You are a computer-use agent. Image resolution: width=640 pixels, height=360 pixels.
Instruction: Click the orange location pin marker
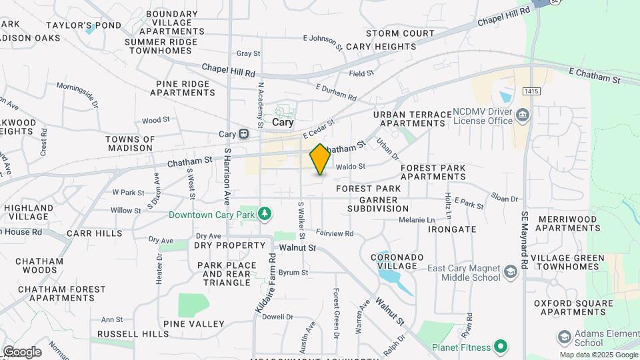pos(320,159)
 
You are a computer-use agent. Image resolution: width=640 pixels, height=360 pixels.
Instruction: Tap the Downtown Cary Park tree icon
pos(265,213)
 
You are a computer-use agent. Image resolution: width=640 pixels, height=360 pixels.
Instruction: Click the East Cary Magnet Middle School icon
pos(511,271)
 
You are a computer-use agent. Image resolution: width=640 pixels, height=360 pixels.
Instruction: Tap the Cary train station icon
pos(244,133)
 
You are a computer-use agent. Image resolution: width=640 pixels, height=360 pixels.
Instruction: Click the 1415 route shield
pos(531,90)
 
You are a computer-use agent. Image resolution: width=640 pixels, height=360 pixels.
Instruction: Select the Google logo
pos(22,352)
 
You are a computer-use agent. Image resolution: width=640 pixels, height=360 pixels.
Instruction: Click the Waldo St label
pos(351,167)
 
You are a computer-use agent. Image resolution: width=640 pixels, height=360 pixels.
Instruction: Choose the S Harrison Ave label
pos(227,176)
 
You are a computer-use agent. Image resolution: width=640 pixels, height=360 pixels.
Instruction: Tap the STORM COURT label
pos(400,33)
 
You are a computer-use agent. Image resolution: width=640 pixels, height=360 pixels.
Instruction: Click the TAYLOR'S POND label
pos(83,25)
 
